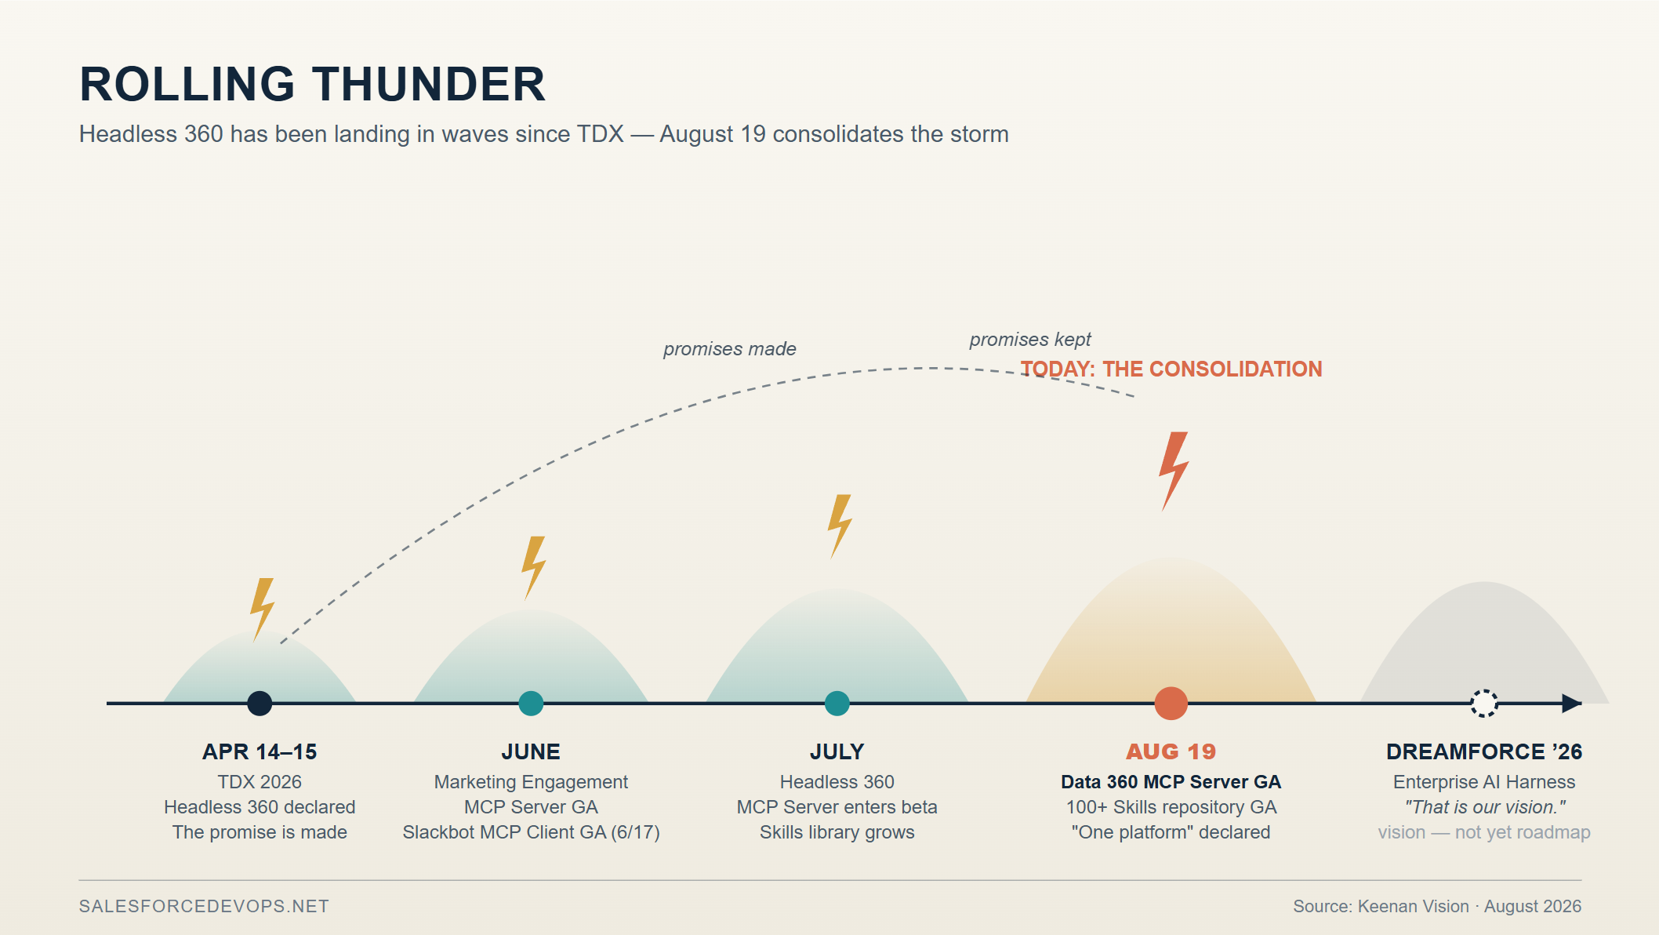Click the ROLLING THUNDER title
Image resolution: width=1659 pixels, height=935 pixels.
(x=312, y=84)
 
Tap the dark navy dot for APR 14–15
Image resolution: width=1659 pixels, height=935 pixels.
(x=260, y=704)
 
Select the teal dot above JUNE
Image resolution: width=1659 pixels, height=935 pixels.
(x=531, y=704)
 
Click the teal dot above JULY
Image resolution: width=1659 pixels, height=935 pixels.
(x=837, y=704)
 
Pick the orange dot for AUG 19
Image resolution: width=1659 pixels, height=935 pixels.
(x=1171, y=704)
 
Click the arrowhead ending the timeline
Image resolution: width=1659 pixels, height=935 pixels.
(x=1572, y=704)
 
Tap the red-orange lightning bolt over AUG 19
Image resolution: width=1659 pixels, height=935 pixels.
(x=1173, y=471)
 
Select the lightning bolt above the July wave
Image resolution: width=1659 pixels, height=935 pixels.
(x=839, y=526)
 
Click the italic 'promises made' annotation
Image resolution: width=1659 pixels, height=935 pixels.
(x=730, y=349)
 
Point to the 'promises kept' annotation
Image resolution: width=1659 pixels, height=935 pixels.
(x=1030, y=340)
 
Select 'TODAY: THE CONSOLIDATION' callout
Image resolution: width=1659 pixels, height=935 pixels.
(x=1171, y=369)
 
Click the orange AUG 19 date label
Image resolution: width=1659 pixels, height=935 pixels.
(x=1171, y=751)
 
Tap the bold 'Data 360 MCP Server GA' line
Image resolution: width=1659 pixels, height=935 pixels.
(x=1171, y=782)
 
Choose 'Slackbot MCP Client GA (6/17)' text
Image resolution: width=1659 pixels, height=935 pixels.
(x=531, y=832)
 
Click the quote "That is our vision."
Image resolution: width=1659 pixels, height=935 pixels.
(x=1485, y=807)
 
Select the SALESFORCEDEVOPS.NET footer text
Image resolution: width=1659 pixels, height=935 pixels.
(x=204, y=907)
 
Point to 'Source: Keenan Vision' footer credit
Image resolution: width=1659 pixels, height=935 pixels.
(x=1381, y=907)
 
